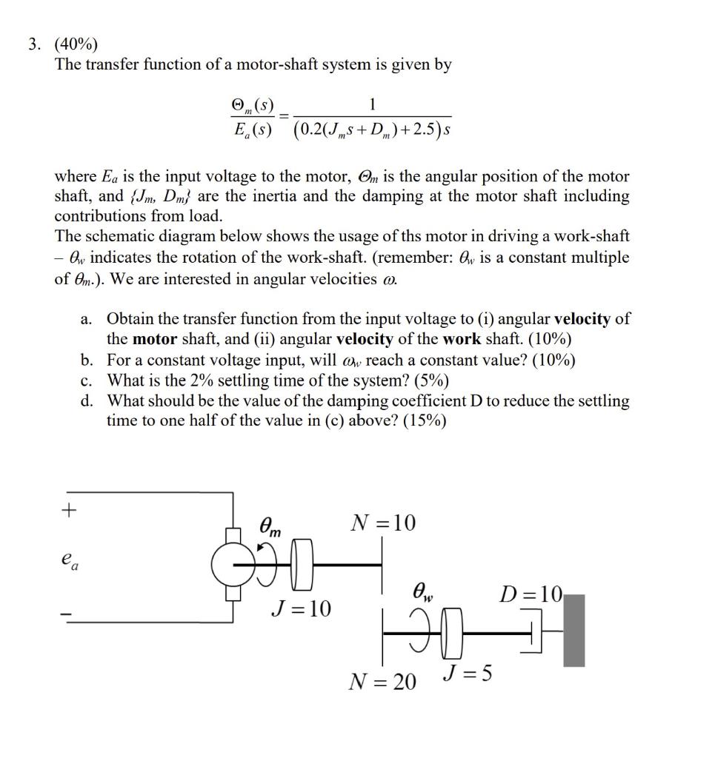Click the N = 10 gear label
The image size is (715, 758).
pyautogui.click(x=383, y=523)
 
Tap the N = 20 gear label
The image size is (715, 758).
pyautogui.click(x=382, y=681)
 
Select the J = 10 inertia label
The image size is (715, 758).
pyautogui.click(x=301, y=609)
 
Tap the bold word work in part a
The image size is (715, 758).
pyautogui.click(x=464, y=340)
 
